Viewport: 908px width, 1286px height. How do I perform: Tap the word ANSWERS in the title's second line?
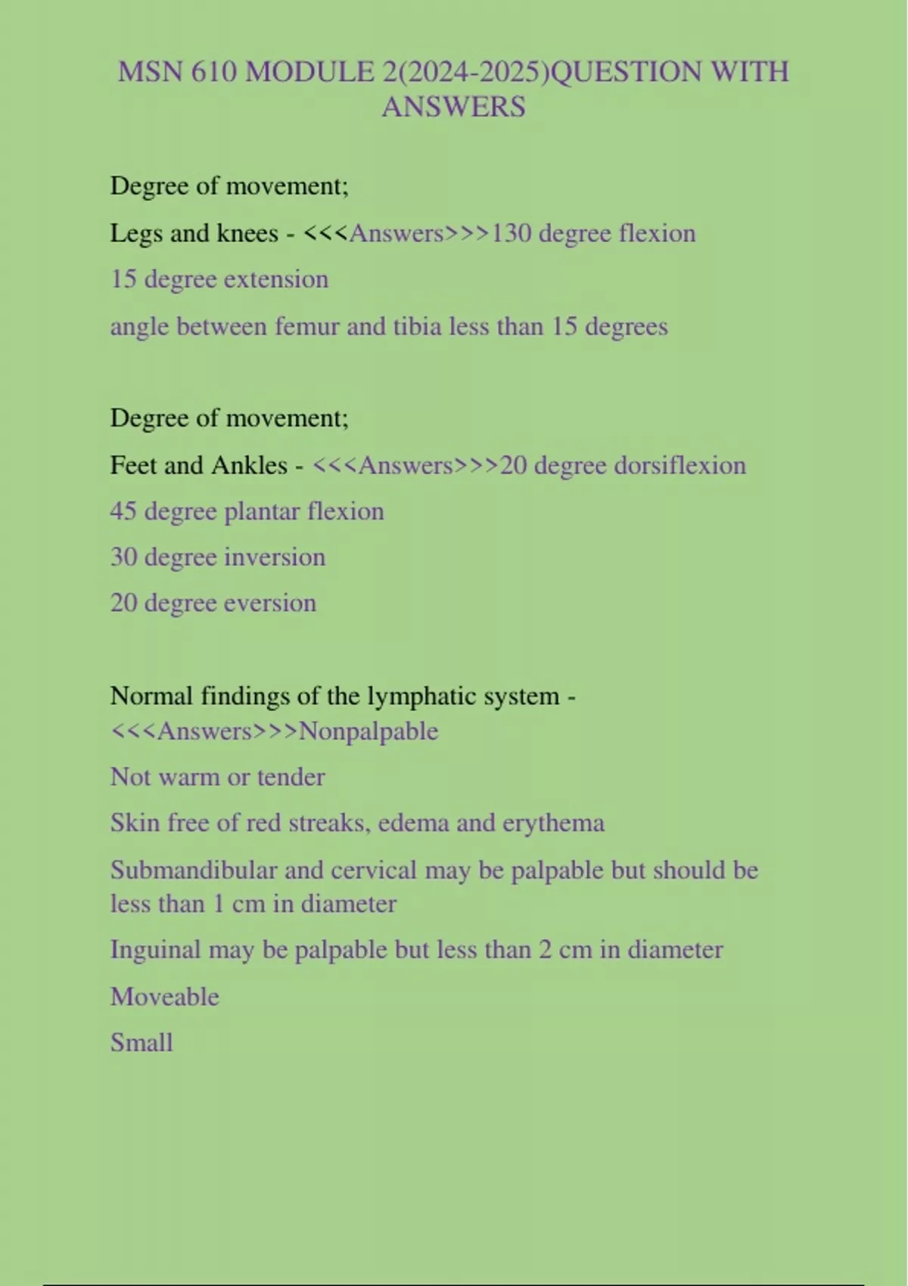point(453,107)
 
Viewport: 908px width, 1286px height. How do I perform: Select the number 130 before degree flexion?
point(512,233)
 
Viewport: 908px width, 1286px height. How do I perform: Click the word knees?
point(247,233)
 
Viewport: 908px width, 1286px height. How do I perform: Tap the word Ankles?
point(250,464)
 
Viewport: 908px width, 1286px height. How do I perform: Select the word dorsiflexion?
point(679,464)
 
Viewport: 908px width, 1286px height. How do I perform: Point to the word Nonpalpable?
point(368,731)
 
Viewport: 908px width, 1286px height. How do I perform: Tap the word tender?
point(291,777)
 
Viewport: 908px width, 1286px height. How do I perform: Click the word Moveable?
point(165,996)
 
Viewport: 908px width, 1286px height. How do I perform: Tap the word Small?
point(141,1042)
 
